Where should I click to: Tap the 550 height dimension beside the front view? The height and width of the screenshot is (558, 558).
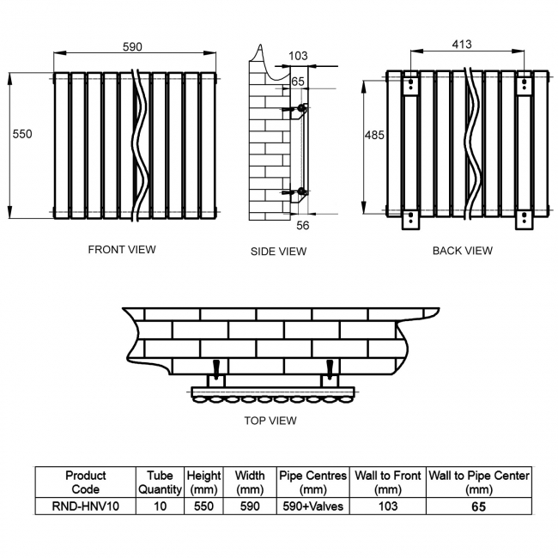(x=23, y=134)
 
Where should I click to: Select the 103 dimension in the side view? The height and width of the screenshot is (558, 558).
(x=298, y=57)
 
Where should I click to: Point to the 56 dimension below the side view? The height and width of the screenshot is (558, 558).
(x=302, y=225)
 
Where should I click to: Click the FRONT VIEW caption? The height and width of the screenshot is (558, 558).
(x=122, y=250)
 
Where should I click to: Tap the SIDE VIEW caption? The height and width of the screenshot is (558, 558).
(x=278, y=252)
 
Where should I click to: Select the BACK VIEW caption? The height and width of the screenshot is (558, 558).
(x=462, y=251)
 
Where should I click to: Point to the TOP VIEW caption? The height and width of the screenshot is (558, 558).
(x=270, y=421)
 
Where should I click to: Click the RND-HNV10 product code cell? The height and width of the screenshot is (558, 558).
(x=85, y=506)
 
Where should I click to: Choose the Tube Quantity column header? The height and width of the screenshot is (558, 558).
(x=160, y=482)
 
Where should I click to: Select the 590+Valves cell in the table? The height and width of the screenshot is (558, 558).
(x=312, y=506)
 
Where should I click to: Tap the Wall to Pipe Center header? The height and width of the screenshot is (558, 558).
(x=479, y=482)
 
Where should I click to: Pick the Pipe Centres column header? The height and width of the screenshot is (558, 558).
(x=312, y=482)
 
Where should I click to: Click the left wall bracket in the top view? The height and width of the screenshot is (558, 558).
(x=215, y=373)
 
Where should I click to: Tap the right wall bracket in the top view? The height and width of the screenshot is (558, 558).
(x=328, y=373)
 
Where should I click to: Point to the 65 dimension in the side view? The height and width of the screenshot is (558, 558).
(x=298, y=82)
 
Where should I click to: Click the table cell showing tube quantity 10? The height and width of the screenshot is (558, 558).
(x=160, y=506)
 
